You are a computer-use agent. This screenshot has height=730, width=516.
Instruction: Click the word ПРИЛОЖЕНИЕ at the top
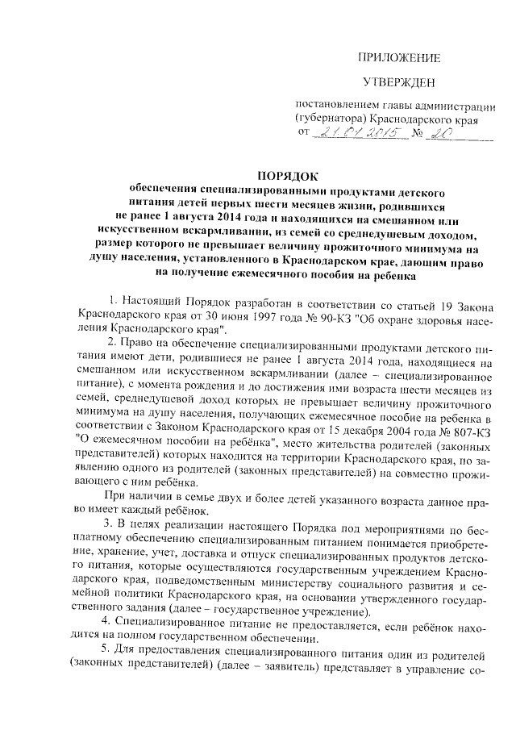400,57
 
